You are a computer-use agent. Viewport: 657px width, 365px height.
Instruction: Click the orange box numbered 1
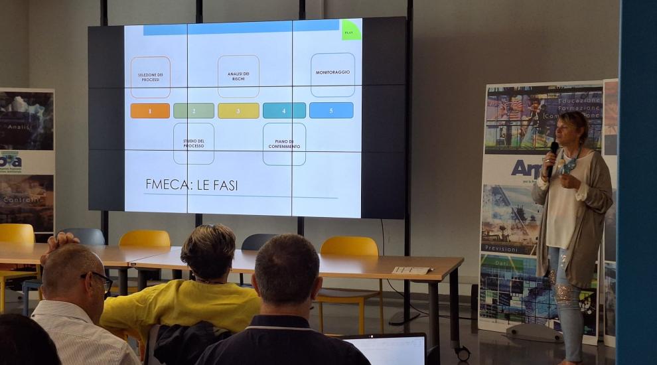click(150, 111)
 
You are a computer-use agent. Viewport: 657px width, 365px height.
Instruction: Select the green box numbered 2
click(194, 111)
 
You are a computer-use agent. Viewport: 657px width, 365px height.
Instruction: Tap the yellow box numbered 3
click(238, 111)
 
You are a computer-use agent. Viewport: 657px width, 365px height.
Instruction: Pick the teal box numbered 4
click(284, 111)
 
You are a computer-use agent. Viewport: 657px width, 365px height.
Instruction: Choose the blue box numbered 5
click(331, 110)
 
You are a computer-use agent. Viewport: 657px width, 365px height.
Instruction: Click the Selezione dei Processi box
click(150, 78)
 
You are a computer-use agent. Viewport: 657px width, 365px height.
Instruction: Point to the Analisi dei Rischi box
click(238, 76)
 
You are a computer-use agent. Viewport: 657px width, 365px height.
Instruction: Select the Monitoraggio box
click(332, 74)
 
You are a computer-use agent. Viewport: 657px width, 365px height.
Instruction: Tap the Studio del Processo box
click(194, 143)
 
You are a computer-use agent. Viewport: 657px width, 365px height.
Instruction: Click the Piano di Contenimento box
click(284, 144)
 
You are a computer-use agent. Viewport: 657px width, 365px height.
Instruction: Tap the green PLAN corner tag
click(351, 30)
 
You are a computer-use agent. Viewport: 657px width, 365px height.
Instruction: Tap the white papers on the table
click(411, 270)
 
